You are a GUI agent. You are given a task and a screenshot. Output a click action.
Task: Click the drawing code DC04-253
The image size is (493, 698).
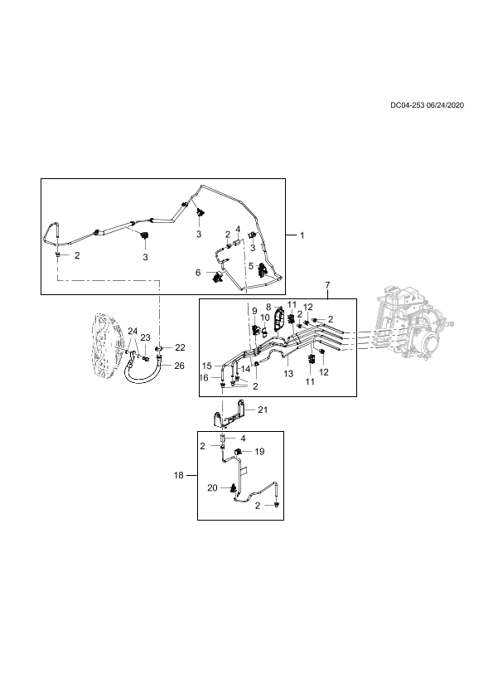(x=407, y=105)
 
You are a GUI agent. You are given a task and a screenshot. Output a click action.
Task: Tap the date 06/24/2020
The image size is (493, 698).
(x=445, y=105)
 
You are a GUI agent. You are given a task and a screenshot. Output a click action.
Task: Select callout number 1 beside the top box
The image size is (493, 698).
(x=302, y=235)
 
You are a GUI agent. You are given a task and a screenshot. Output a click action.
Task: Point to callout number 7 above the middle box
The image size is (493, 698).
(x=327, y=284)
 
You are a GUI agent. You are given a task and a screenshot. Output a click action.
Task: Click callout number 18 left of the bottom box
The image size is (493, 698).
(x=178, y=476)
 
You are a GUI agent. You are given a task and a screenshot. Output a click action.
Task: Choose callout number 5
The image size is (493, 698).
(x=251, y=266)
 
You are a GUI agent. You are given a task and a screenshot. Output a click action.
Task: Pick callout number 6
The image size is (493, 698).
(x=199, y=273)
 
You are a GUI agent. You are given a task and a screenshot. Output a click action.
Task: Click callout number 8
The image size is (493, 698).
(x=268, y=308)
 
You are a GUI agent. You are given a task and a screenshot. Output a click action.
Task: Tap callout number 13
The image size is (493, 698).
(x=288, y=374)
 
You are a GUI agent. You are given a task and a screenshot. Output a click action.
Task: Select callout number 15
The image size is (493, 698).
(x=207, y=366)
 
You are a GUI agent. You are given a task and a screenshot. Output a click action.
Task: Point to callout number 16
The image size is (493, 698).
(x=204, y=378)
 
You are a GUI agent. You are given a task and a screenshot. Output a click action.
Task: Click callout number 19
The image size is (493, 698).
(x=260, y=452)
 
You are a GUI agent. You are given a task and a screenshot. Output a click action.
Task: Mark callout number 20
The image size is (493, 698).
(x=213, y=488)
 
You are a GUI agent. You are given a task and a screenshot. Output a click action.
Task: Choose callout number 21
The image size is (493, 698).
(x=263, y=410)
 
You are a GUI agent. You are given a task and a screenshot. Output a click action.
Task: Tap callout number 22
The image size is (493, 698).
(x=180, y=347)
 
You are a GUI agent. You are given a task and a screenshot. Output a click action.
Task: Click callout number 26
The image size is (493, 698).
(x=179, y=366)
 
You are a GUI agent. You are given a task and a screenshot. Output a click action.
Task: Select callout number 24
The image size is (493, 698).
(x=133, y=331)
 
